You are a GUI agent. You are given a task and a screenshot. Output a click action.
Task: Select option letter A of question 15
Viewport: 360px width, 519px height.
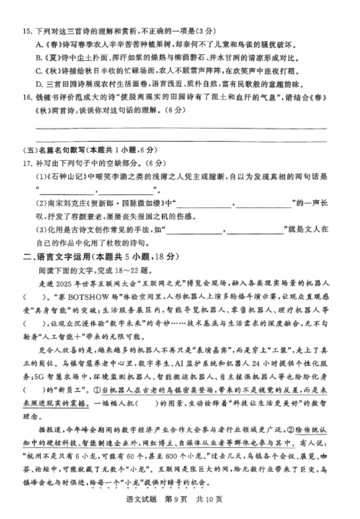pos(38,44)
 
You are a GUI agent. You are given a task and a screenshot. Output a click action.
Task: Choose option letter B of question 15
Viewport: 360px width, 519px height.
pos(38,58)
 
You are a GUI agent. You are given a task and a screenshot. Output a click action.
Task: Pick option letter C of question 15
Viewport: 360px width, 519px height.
pos(38,71)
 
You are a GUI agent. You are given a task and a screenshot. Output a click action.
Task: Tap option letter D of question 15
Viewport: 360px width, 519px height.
pos(38,84)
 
